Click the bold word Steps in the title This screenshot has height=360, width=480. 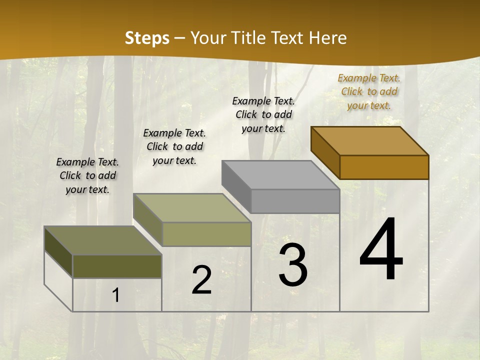(x=147, y=38)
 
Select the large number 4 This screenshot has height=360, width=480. (x=381, y=249)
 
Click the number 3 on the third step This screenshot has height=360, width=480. (x=293, y=265)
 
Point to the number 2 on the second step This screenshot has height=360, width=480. (x=201, y=280)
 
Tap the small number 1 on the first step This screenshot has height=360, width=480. (x=116, y=295)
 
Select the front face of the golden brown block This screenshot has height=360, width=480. (x=384, y=167)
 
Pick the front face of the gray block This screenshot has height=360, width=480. (x=295, y=201)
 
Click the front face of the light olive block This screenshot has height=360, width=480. (x=206, y=234)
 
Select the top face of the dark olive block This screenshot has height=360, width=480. (x=103, y=240)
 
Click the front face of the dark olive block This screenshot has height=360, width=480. (x=117, y=266)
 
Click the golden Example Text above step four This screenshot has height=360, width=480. (x=369, y=91)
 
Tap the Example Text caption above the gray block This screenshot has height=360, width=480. (x=263, y=114)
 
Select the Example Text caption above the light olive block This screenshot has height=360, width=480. (x=174, y=146)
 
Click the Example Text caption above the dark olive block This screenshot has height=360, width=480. (x=87, y=175)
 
